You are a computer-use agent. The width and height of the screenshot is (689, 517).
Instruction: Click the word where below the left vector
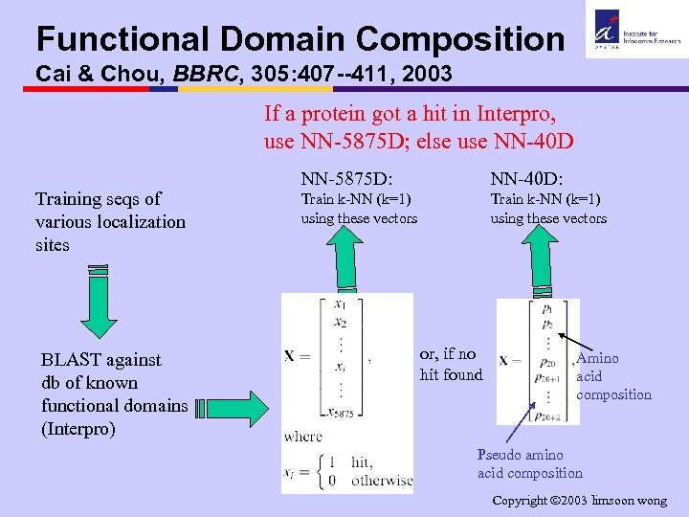(x=303, y=437)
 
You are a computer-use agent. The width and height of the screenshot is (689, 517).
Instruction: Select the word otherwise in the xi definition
(x=382, y=480)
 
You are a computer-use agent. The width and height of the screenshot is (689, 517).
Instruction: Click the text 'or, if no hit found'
(x=451, y=365)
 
